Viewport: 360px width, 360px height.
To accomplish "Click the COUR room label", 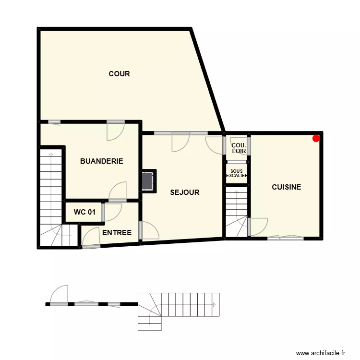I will tap(119, 74).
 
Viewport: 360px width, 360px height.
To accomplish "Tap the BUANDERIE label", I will tap(101, 161).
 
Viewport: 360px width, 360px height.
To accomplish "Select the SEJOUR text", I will tap(185, 192).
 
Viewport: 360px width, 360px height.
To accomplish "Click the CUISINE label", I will tap(287, 187).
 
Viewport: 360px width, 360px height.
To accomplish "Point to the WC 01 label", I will tap(84, 212).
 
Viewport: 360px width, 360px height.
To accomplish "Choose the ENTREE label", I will tap(117, 233).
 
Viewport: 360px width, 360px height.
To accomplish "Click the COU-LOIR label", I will tap(239, 148).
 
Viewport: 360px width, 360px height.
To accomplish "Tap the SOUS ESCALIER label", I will tap(237, 173).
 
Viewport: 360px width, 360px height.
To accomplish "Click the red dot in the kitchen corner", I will tap(316, 139).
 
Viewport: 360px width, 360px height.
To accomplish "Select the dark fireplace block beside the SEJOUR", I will tap(148, 180).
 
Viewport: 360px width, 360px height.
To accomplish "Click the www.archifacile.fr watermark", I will tap(321, 353).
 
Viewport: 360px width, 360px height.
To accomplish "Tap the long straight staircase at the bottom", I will tap(190, 304).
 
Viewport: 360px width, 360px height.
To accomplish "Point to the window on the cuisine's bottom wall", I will tap(285, 237).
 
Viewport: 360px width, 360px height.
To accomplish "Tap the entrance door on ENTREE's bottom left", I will tap(89, 239).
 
